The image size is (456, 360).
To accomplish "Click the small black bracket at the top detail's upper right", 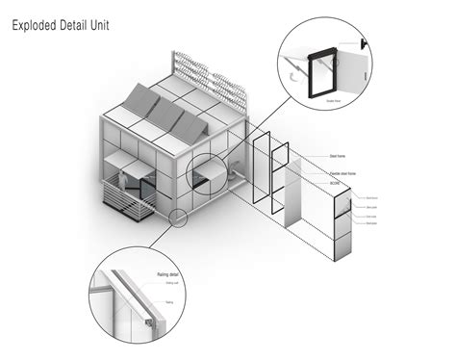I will click(x=366, y=43).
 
